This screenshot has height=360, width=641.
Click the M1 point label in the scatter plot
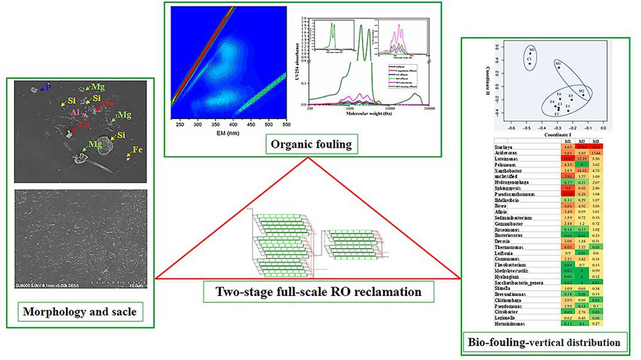(558, 63)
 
